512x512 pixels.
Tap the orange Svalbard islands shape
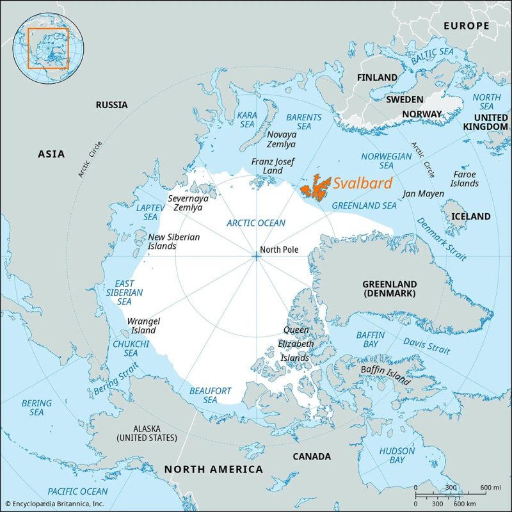coord(315,188)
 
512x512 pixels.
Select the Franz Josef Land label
coord(267,166)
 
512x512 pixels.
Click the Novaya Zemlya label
coord(282,140)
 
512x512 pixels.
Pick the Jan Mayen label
coord(422,193)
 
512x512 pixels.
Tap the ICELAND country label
coord(470,216)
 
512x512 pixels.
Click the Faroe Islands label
coord(465,179)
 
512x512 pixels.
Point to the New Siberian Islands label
coord(174,241)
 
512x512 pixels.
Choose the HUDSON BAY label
coord(397,455)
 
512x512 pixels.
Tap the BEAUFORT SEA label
coord(211,395)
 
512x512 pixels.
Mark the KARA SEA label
coord(247,119)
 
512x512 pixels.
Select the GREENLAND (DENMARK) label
coord(389,289)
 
